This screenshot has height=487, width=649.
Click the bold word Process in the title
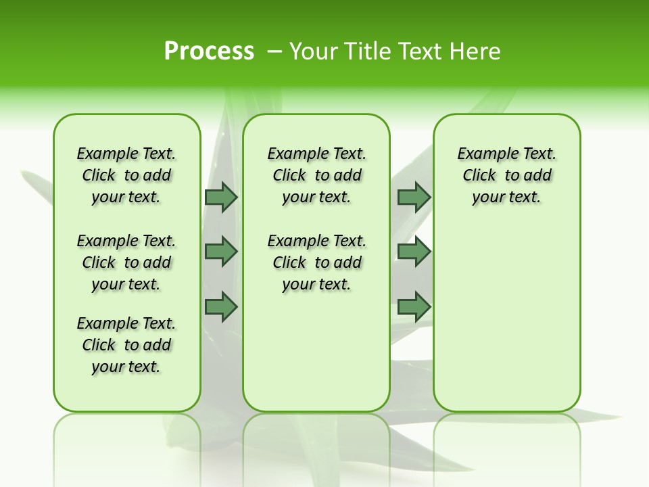(209, 51)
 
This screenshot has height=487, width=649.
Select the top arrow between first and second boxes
(220, 197)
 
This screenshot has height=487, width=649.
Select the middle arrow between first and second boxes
(220, 252)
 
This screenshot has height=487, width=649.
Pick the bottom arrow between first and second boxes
(220, 306)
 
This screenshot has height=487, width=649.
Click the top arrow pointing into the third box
(414, 197)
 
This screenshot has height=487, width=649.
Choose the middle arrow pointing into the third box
(414, 252)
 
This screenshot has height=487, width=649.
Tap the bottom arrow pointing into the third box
(414, 306)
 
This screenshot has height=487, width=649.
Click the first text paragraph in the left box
(126, 175)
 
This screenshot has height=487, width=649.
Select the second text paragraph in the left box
(126, 262)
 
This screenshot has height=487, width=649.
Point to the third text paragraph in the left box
(126, 345)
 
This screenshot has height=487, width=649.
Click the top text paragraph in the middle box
(316, 175)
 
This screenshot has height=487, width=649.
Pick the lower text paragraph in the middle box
(316, 262)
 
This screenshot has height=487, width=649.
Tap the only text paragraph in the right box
(506, 175)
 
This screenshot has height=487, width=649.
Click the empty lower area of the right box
(506, 318)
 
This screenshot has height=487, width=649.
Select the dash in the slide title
(274, 51)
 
